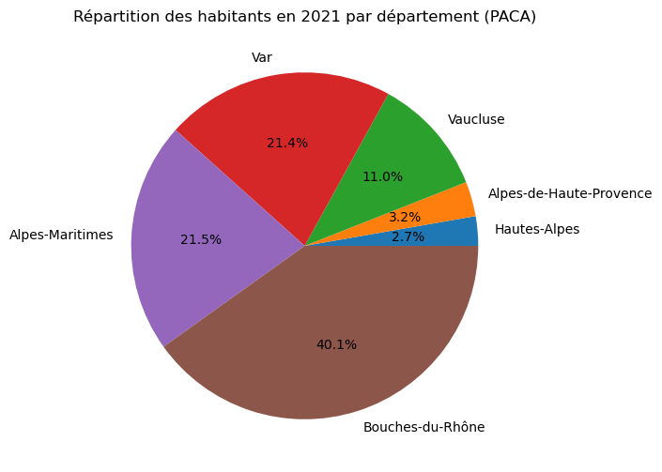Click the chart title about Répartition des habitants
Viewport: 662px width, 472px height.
click(x=304, y=17)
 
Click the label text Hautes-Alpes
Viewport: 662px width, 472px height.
click(x=536, y=229)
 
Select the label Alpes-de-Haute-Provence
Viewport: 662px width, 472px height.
click(x=569, y=193)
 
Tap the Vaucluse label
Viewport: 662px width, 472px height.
click(x=476, y=119)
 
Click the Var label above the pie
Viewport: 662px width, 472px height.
click(x=262, y=58)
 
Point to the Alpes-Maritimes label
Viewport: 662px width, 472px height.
click(x=61, y=236)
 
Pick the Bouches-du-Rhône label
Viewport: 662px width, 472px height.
click(x=423, y=428)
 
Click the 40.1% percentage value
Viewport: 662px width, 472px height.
click(x=336, y=344)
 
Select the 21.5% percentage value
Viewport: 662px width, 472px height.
click(x=201, y=239)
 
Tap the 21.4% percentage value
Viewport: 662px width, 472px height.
click(x=287, y=143)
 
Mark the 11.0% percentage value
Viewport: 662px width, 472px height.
click(x=382, y=176)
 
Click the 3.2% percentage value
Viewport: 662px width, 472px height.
click(x=404, y=217)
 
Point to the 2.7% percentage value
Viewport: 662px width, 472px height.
click(x=408, y=236)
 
